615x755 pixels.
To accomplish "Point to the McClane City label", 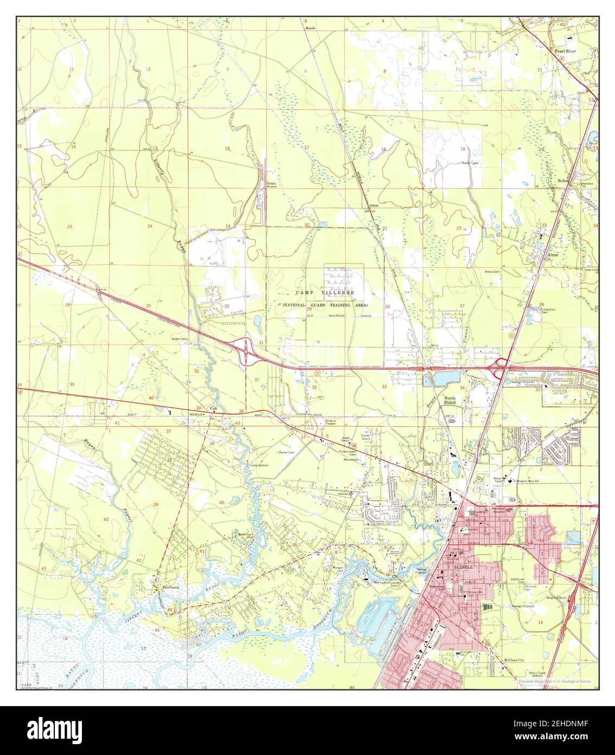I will click(512, 660).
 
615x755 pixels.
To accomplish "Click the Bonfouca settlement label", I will click(170, 587).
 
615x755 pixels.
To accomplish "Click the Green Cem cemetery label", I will click(179, 339).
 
